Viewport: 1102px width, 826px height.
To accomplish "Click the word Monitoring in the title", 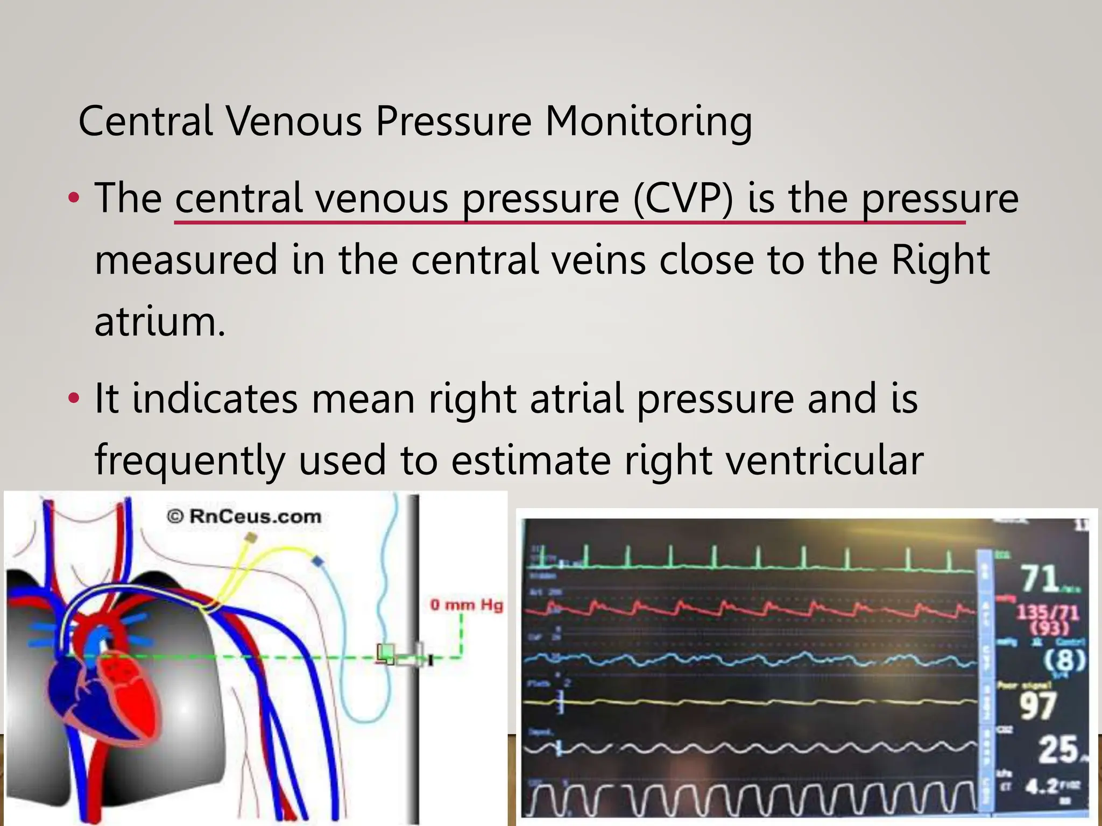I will click(648, 121).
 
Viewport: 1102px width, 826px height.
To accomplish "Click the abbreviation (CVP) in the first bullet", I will click(683, 198).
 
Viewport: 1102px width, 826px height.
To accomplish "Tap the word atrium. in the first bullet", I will click(160, 321).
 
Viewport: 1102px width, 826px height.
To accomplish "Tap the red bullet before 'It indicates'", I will click(74, 399).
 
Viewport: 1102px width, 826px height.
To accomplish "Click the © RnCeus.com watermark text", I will click(244, 517).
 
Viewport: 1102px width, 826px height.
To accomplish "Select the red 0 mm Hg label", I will click(466, 605).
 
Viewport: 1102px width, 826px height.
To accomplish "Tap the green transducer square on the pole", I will click(386, 653).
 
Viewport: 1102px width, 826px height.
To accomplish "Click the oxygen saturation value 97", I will click(1038, 706).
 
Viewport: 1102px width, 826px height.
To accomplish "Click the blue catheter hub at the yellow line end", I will click(318, 561).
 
